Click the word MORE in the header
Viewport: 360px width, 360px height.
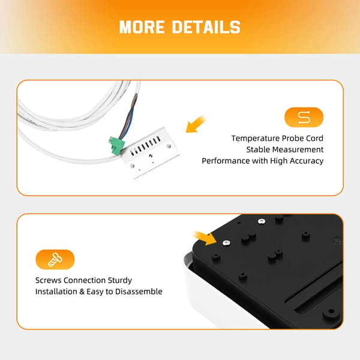coord(142,27)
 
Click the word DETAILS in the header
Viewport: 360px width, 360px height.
coord(206,27)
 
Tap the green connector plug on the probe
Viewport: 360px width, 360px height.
coord(116,145)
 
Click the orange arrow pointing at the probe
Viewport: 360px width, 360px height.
coord(196,124)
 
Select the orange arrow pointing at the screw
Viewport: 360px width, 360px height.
coord(205,238)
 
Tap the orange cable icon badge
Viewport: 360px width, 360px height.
coord(304,118)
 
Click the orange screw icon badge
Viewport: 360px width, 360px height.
coord(55,259)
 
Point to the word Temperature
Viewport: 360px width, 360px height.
coord(256,139)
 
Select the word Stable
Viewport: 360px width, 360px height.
coord(257,149)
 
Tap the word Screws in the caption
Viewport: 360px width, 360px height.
coord(48,280)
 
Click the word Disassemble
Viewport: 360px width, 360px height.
coord(139,292)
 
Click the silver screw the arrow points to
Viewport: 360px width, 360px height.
coord(226,242)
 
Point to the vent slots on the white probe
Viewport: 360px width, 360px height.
coord(145,146)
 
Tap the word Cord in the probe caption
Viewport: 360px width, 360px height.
coord(314,139)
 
